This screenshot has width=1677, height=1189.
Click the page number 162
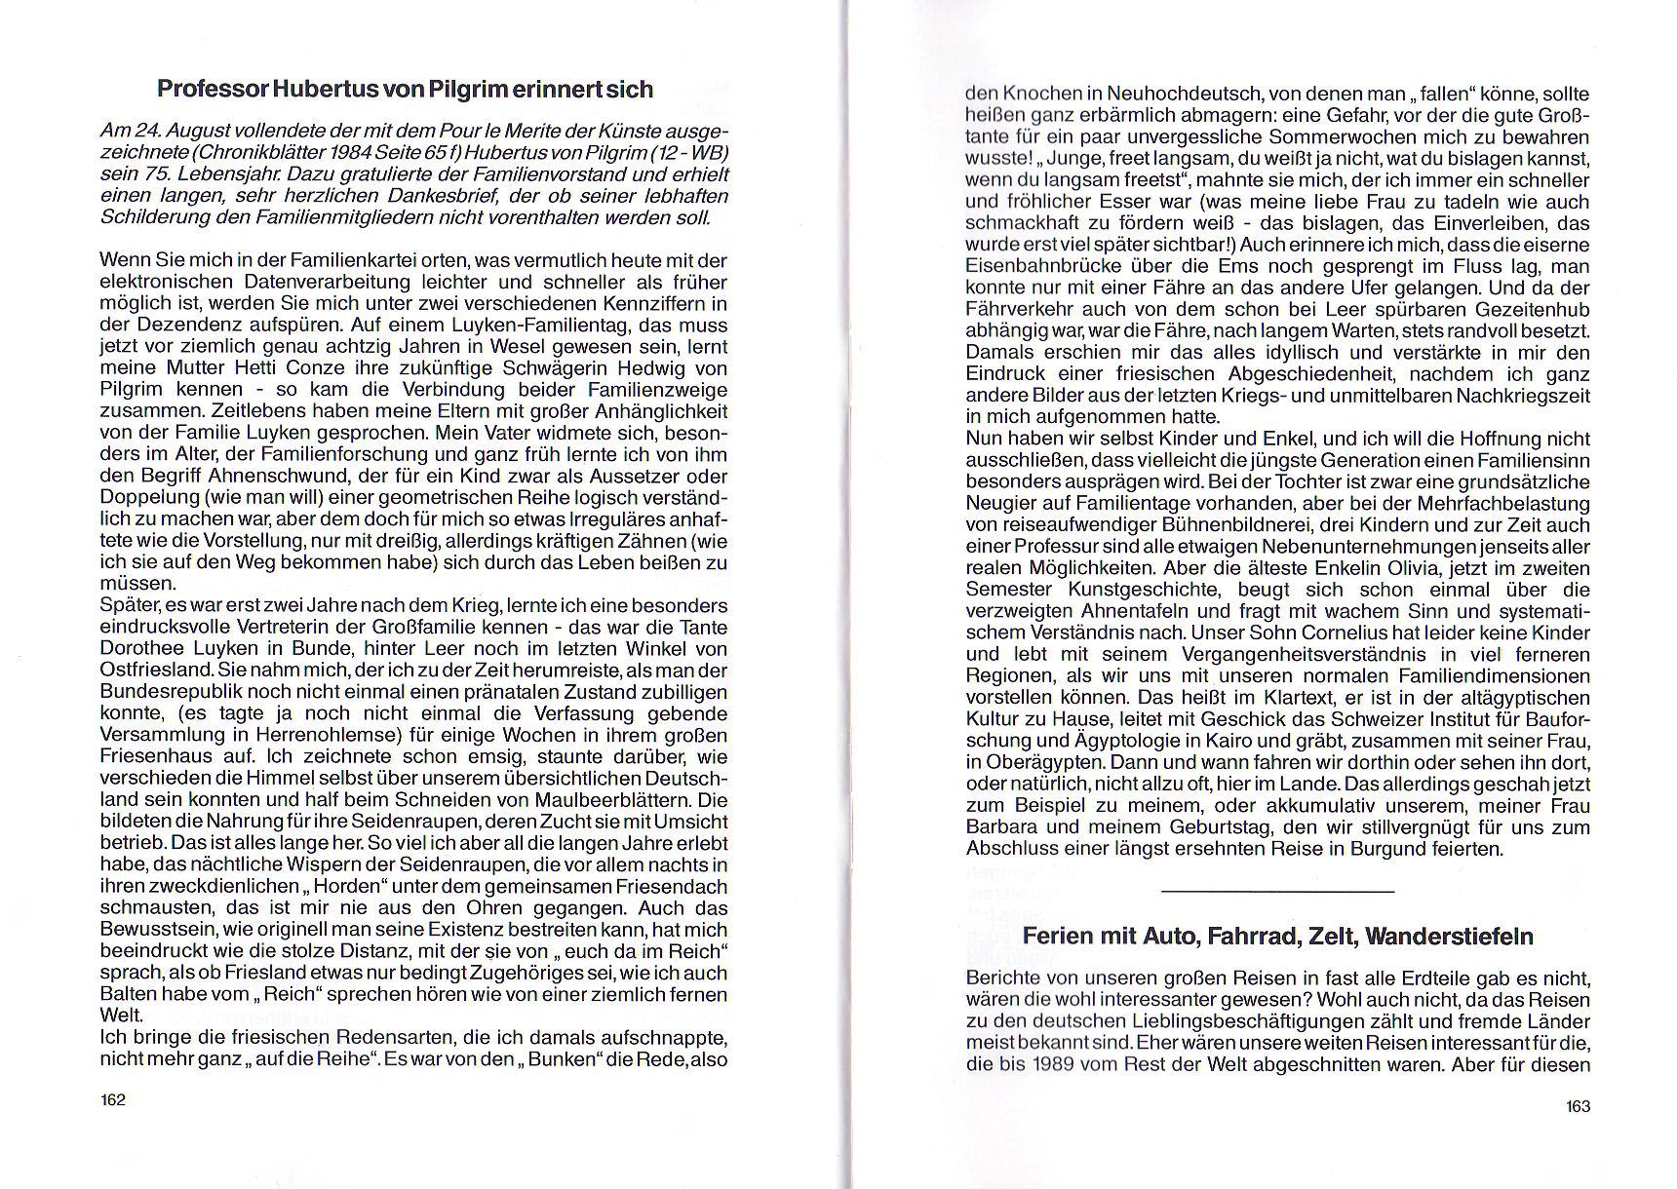pyautogui.click(x=113, y=1099)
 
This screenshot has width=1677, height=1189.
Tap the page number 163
pyautogui.click(x=1578, y=1105)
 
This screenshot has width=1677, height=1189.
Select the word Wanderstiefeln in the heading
pyautogui.click(x=1450, y=937)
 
